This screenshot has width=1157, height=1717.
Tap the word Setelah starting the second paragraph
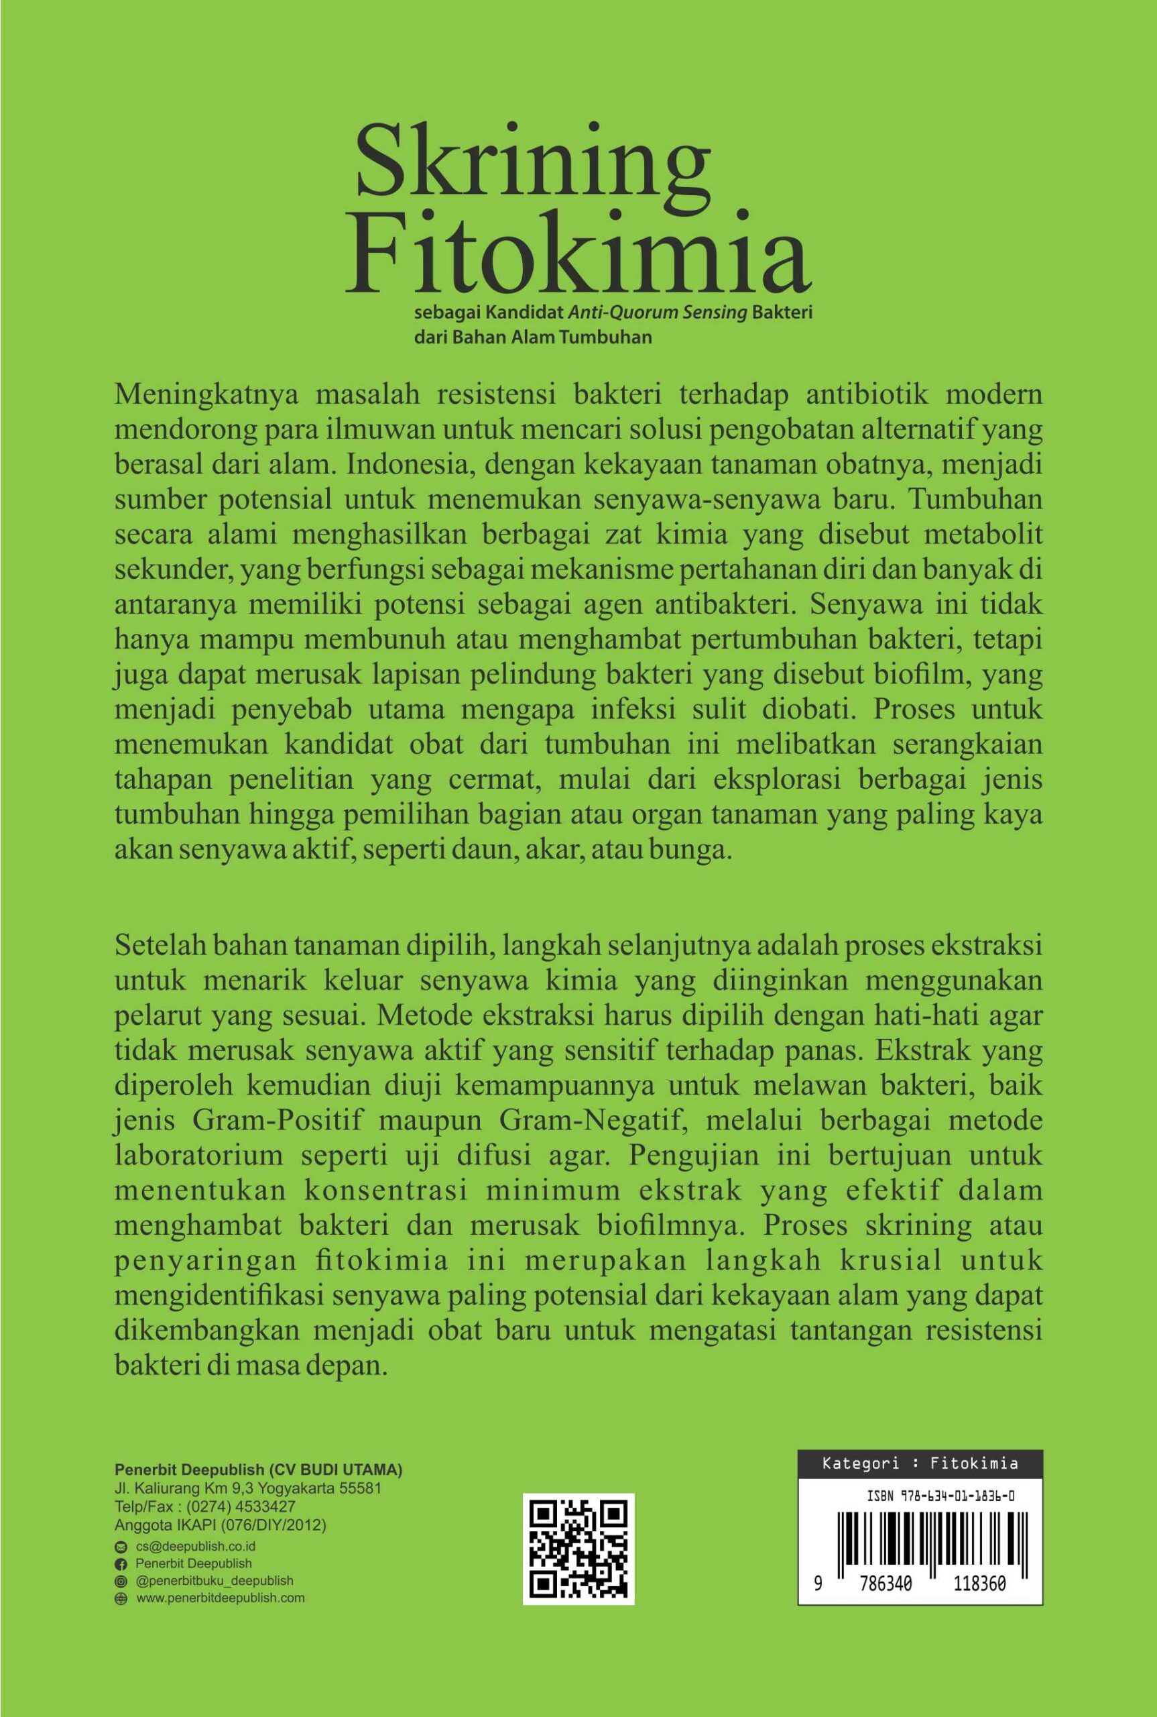pyautogui.click(x=156, y=947)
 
